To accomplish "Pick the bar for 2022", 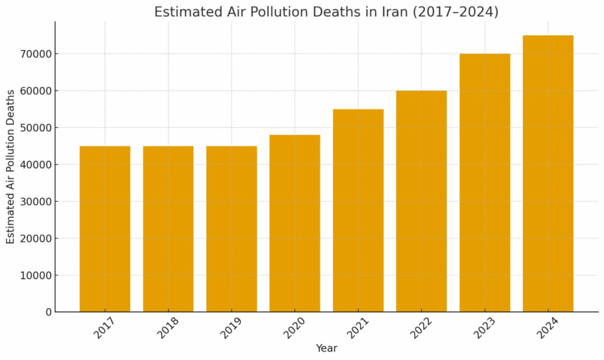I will point(421,201).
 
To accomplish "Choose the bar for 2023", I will point(485,183).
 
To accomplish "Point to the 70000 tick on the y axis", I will point(35,54).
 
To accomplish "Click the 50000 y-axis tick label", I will point(35,128).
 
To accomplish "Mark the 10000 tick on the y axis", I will point(35,276).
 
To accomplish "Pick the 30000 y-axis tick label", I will point(35,202).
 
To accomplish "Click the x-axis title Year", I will point(326,348).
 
